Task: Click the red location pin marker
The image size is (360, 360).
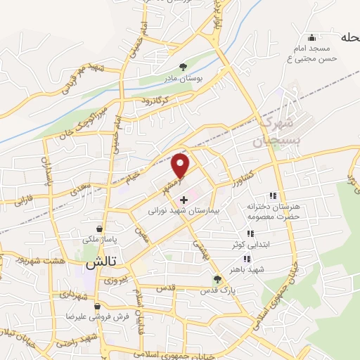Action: tap(181, 165)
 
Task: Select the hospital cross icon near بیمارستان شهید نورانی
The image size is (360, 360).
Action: tap(184, 200)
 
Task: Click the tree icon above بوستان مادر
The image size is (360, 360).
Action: tap(184, 67)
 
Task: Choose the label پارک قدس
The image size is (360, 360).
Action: tap(217, 290)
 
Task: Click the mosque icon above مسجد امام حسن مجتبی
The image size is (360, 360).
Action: tap(312, 37)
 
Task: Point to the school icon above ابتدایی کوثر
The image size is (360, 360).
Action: tap(250, 233)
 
